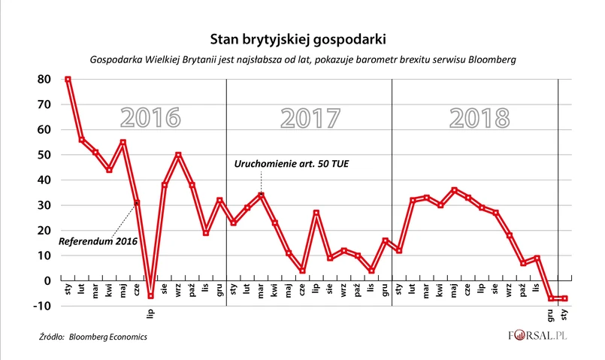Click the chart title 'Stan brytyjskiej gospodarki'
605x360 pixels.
[301, 37]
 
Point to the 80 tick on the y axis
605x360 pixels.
[44, 79]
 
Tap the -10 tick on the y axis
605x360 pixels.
[43, 306]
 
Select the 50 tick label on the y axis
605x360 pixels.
[44, 155]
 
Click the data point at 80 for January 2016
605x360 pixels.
[68, 79]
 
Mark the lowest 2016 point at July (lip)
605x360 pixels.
[150, 296]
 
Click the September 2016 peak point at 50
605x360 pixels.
[178, 155]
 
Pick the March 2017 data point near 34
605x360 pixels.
[261, 195]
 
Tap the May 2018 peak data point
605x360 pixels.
[455, 190]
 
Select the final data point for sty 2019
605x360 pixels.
[565, 298]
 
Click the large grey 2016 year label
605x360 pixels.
[150, 119]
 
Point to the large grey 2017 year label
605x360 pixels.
[310, 119]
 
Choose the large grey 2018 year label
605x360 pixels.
[479, 119]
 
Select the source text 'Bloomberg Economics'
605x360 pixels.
[107, 337]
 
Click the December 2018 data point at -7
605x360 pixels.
[552, 298]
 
